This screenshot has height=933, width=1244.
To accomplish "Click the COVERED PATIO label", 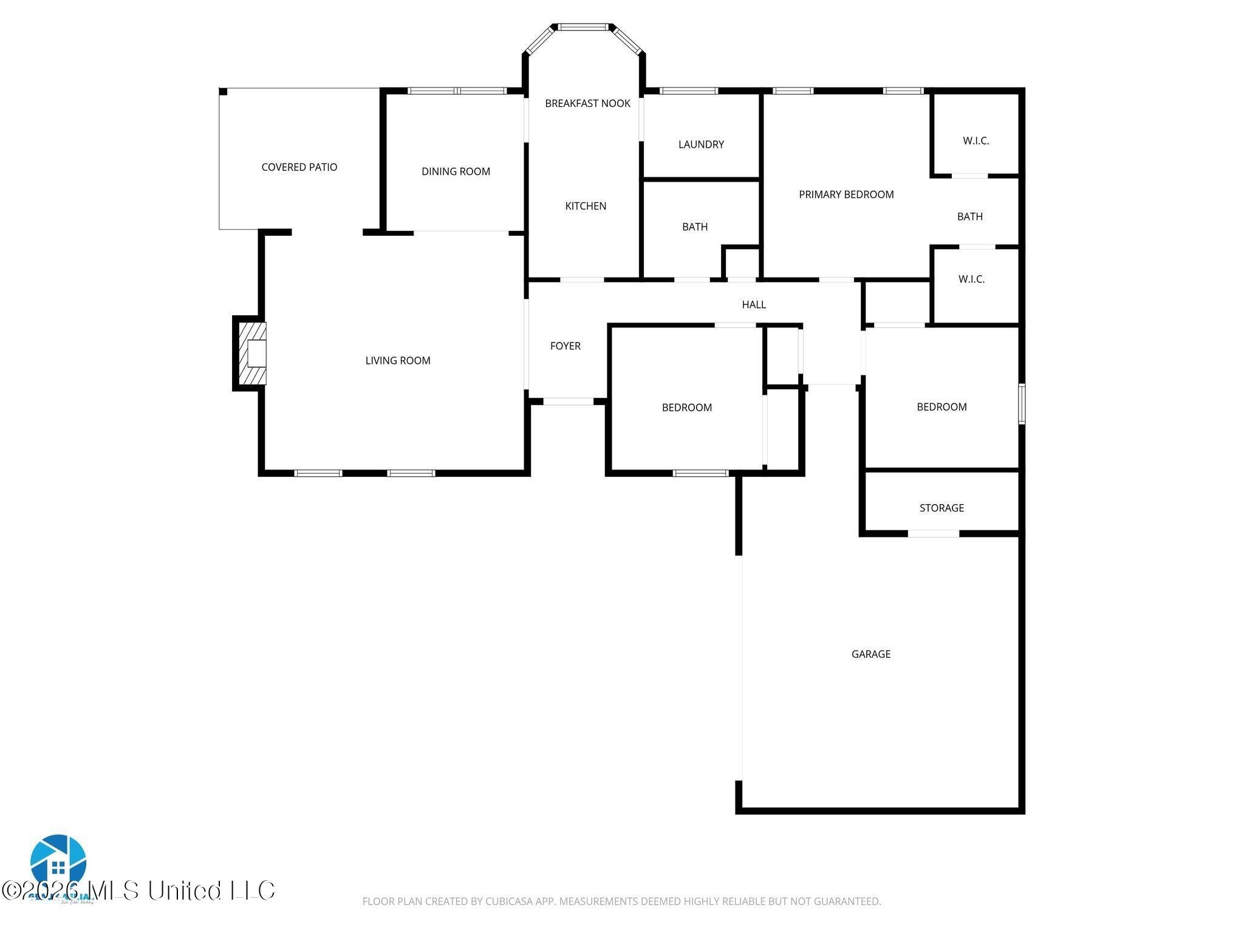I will (299, 167).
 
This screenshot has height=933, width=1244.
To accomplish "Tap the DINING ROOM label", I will (456, 171).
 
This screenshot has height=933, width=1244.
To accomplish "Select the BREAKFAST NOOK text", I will (587, 103).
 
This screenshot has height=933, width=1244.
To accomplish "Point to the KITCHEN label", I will (586, 206).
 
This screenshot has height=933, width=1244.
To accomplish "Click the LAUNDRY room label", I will (701, 144).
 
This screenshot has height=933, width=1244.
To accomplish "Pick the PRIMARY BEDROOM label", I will (846, 194).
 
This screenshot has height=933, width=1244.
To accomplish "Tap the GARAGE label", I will (870, 654).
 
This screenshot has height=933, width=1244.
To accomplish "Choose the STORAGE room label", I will (941, 508).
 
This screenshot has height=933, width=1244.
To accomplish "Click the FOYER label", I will (565, 346).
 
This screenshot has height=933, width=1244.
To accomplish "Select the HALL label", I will (753, 304).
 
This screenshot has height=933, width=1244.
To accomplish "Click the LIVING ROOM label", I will (397, 360).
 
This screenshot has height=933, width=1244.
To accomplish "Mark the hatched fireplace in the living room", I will (252, 354).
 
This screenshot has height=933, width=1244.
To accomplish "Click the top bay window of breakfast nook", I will (583, 27).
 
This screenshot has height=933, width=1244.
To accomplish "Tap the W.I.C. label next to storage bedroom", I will (971, 279).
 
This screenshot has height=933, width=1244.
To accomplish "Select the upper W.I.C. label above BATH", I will (976, 140).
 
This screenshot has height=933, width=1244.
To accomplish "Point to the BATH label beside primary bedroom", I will (969, 216).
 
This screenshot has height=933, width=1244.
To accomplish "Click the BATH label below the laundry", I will (694, 227).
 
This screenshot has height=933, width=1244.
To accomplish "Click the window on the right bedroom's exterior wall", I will (1022, 403).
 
